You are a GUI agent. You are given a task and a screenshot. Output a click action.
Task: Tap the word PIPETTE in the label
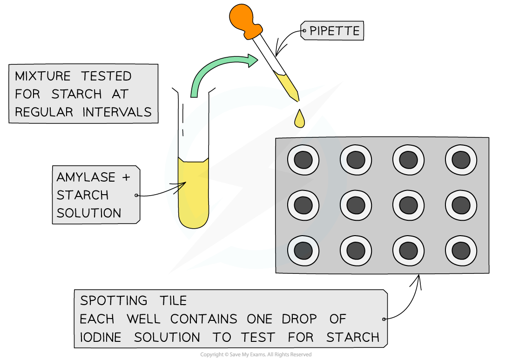click(x=335, y=31)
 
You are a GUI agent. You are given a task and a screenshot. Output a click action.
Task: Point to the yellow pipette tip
click(x=288, y=87)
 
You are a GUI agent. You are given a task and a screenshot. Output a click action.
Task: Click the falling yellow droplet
click(x=299, y=120)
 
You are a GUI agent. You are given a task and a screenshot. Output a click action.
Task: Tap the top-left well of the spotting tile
click(x=303, y=160)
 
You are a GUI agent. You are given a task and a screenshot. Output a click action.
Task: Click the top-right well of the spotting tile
click(x=461, y=160)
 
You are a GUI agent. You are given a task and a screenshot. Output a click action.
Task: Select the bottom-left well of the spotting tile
click(x=303, y=251)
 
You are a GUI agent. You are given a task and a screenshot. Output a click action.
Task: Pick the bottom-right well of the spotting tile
click(x=461, y=251)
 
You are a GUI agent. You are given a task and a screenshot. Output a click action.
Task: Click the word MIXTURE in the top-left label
click(x=43, y=76)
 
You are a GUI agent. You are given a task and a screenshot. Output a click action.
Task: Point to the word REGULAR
click(x=44, y=112)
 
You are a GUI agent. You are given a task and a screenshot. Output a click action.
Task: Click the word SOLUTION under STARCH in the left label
click(x=88, y=213)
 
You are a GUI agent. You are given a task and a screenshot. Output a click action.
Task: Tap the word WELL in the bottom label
click(x=143, y=319)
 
